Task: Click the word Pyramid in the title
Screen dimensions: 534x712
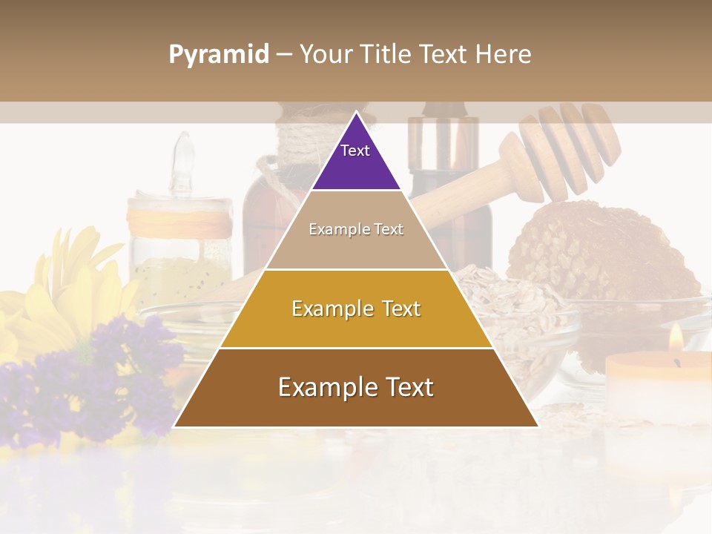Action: pos(219,55)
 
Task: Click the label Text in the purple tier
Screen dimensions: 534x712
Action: pos(355,151)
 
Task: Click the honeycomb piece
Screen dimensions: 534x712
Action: pos(601,252)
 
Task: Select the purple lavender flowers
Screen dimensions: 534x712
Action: pos(96,378)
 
